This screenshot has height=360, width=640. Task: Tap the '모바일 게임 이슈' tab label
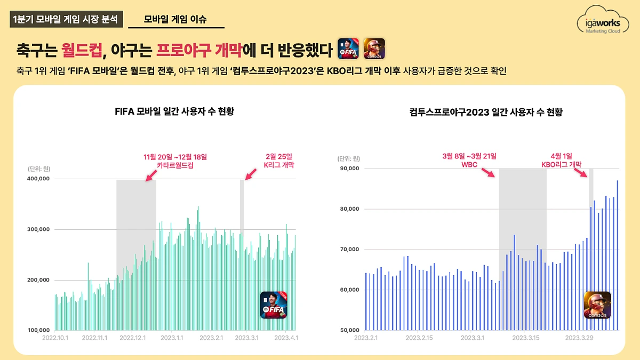[x=175, y=20]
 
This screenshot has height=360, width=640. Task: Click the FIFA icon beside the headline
[x=348, y=49]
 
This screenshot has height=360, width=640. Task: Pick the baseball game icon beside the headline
[x=374, y=49]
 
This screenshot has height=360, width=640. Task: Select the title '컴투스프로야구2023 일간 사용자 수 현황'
[x=486, y=112]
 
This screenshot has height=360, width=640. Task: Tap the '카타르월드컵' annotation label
[x=175, y=165]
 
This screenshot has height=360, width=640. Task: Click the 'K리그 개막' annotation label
[x=279, y=165]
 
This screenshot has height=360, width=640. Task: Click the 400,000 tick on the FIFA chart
[x=38, y=179]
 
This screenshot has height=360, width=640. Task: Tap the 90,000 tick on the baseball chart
[x=350, y=169]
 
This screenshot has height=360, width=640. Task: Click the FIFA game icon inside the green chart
[x=273, y=305]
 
